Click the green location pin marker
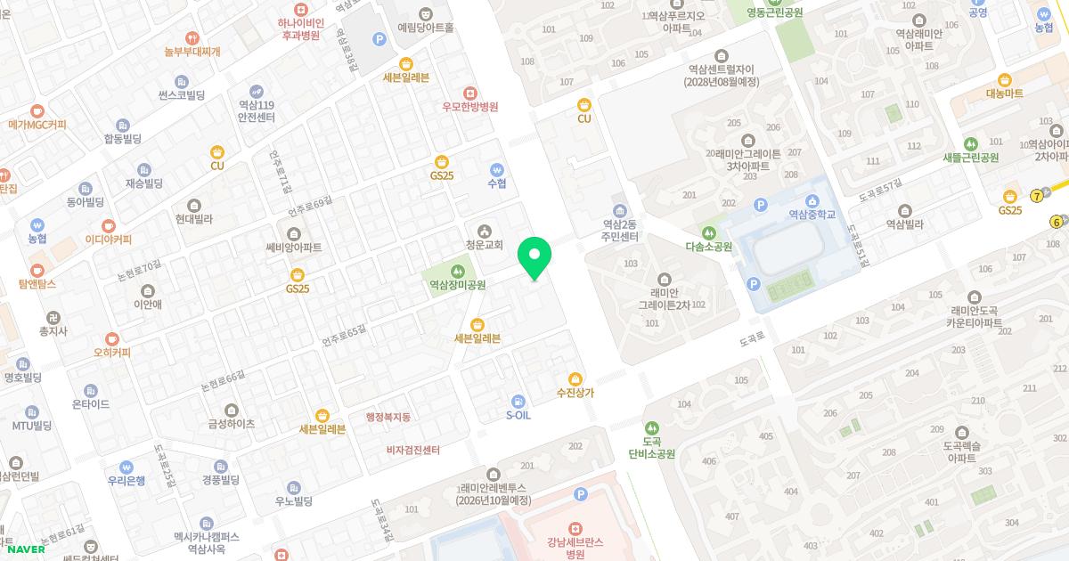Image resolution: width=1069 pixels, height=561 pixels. point(534,257)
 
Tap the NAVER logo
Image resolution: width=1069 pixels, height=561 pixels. point(24,549)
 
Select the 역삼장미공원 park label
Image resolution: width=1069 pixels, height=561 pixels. point(458,286)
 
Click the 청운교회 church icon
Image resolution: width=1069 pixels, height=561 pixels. point(485,231)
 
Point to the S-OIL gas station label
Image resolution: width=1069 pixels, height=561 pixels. point(518,415)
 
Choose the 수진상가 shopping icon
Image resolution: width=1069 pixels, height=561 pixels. point(575,378)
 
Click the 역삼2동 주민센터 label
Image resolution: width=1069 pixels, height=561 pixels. point(620,231)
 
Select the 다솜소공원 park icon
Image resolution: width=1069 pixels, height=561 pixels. point(709,232)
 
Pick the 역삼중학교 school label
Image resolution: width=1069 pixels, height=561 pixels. point(812,215)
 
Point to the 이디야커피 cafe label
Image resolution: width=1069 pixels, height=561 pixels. point(109,240)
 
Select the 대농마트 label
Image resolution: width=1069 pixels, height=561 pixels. point(1005,93)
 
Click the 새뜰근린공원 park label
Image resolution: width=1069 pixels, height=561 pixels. point(970,158)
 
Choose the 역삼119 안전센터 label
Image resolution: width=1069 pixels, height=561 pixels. point(257,110)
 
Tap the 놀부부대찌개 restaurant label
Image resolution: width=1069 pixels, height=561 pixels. point(192,52)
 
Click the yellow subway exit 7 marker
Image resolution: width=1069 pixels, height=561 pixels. point(1037,196)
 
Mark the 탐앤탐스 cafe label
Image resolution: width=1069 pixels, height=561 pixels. point(37,284)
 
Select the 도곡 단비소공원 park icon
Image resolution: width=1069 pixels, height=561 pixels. point(652,428)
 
